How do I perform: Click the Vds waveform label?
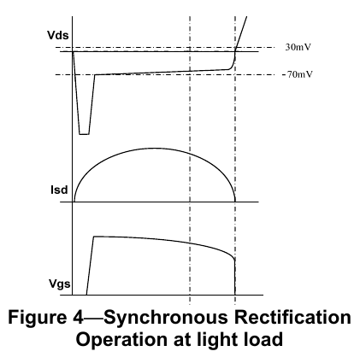(58, 35)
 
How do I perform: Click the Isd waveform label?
(59, 190)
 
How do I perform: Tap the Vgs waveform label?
(59, 284)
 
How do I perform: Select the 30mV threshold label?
(298, 47)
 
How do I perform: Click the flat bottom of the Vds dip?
(84, 134)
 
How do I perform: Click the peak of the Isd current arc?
(154, 149)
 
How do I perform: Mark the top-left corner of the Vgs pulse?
(94, 237)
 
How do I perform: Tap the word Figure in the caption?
(37, 318)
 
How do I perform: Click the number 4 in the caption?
(76, 317)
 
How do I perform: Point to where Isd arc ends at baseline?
(235, 202)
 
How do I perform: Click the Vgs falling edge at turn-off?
(235, 277)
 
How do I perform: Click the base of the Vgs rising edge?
(86, 295)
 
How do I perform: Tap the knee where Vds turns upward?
(230, 69)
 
